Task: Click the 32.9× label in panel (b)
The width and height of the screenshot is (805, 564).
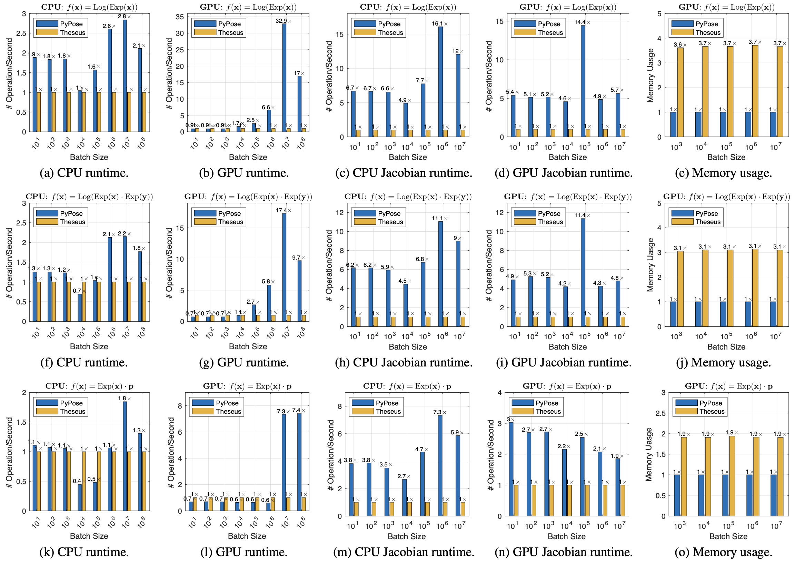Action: point(283,21)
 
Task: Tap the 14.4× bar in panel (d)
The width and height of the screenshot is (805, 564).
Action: point(583,81)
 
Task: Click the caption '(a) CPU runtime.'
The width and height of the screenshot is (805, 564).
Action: point(84,173)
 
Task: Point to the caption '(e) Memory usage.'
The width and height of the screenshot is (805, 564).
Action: point(723,173)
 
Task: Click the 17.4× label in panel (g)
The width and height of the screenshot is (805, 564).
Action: point(283,211)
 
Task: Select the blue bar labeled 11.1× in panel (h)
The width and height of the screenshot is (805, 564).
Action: point(440,273)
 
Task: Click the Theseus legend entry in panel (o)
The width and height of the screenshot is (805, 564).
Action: point(712,412)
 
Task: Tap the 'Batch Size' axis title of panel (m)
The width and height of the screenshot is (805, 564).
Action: point(407,536)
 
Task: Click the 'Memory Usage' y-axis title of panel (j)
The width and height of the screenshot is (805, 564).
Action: point(650,265)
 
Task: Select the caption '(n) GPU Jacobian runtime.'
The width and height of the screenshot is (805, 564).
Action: point(564,552)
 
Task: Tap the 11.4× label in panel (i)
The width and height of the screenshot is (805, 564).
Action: point(582,215)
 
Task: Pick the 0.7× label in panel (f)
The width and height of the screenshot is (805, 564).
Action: point(79,291)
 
